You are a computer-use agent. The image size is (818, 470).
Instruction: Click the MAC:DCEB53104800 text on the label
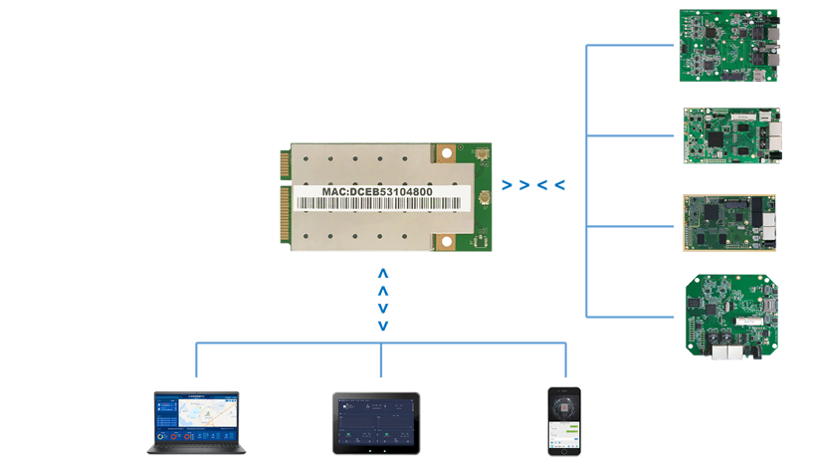(376, 191)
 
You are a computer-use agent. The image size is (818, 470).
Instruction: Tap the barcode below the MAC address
(378, 203)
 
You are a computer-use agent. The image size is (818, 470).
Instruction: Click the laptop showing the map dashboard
(197, 423)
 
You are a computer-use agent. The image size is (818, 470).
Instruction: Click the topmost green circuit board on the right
(729, 52)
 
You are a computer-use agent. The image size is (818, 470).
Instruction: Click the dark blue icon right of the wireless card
(536, 183)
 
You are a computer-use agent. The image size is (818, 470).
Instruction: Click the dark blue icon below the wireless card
(383, 298)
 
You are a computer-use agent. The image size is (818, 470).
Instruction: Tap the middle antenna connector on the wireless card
(485, 197)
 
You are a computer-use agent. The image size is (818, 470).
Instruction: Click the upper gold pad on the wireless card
(445, 154)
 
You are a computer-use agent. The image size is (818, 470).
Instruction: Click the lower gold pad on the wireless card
(445, 241)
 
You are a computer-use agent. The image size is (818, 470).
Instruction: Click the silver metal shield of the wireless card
(358, 229)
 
